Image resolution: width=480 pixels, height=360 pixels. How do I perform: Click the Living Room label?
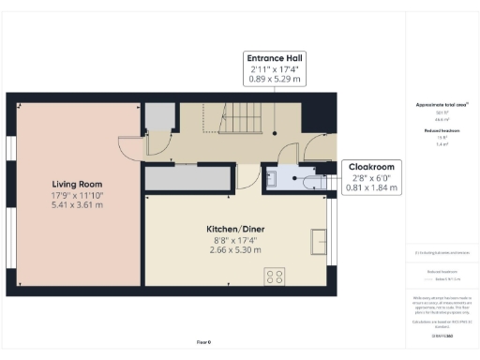point(76,184)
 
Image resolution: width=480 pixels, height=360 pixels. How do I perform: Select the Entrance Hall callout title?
point(274,57)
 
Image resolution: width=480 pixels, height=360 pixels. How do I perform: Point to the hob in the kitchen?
point(276,276)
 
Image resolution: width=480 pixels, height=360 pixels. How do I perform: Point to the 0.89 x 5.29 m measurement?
point(274,81)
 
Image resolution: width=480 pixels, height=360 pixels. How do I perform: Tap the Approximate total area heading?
point(441,105)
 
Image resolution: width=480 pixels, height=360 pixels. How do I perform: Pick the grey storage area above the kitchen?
point(187,178)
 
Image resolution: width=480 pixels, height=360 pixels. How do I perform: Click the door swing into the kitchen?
point(247,175)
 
